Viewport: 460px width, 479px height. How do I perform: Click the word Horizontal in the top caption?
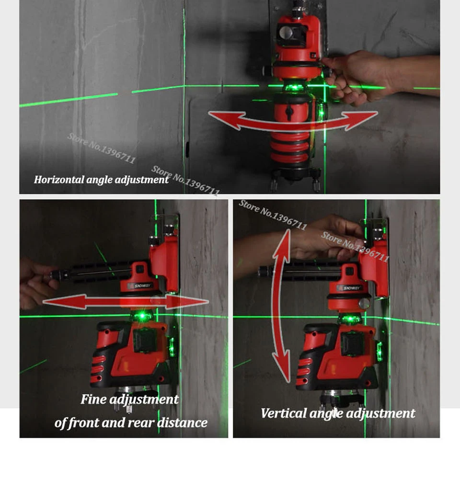click(x=59, y=179)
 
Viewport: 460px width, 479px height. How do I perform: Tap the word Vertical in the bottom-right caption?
click(x=284, y=413)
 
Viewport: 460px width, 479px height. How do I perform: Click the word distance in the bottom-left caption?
click(x=182, y=423)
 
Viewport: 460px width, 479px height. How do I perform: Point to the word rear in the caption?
click(x=143, y=423)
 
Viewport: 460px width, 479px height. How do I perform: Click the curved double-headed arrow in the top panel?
click(x=293, y=124)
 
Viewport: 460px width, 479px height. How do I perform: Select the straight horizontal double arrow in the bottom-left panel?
click(x=126, y=302)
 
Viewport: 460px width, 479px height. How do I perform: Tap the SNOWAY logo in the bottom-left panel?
click(x=140, y=286)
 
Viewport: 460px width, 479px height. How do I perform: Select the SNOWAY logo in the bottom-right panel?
click(x=350, y=288)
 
